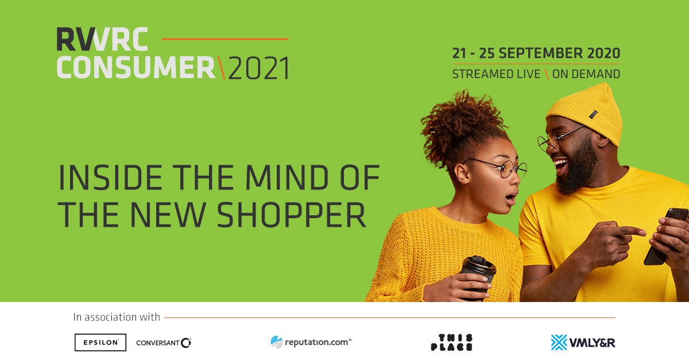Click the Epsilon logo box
pyautogui.click(x=100, y=342)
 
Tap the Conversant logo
pyautogui.click(x=164, y=343)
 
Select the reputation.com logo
pyautogui.click(x=311, y=342)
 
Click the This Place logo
pyautogui.click(x=451, y=342)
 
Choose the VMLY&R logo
pyautogui.click(x=583, y=342)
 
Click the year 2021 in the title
pyautogui.click(x=259, y=69)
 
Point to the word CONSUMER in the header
pyautogui.click(x=136, y=69)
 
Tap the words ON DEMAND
pyautogui.click(x=586, y=74)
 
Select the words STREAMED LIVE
pyautogui.click(x=496, y=74)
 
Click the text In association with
pyautogui.click(x=117, y=316)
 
